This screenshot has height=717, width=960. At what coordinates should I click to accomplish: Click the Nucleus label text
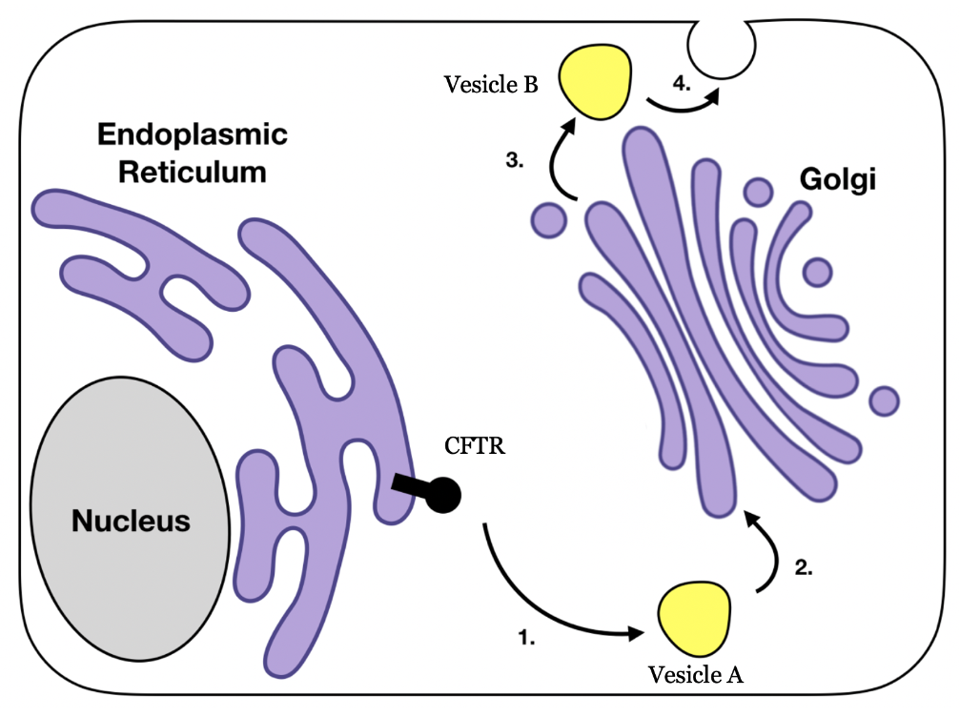point(132,522)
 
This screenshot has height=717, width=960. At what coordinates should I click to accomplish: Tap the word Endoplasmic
point(192,135)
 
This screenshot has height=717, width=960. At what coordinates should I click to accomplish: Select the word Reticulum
point(192,173)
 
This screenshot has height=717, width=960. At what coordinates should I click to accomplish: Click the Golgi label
point(837,181)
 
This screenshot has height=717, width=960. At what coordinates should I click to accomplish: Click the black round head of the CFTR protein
point(442,495)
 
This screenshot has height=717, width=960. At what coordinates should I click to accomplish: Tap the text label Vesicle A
point(695,675)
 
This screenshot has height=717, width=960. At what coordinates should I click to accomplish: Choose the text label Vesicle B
point(491,85)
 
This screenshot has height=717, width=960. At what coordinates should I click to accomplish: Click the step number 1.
point(526,640)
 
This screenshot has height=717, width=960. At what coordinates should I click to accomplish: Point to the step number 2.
point(804,567)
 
